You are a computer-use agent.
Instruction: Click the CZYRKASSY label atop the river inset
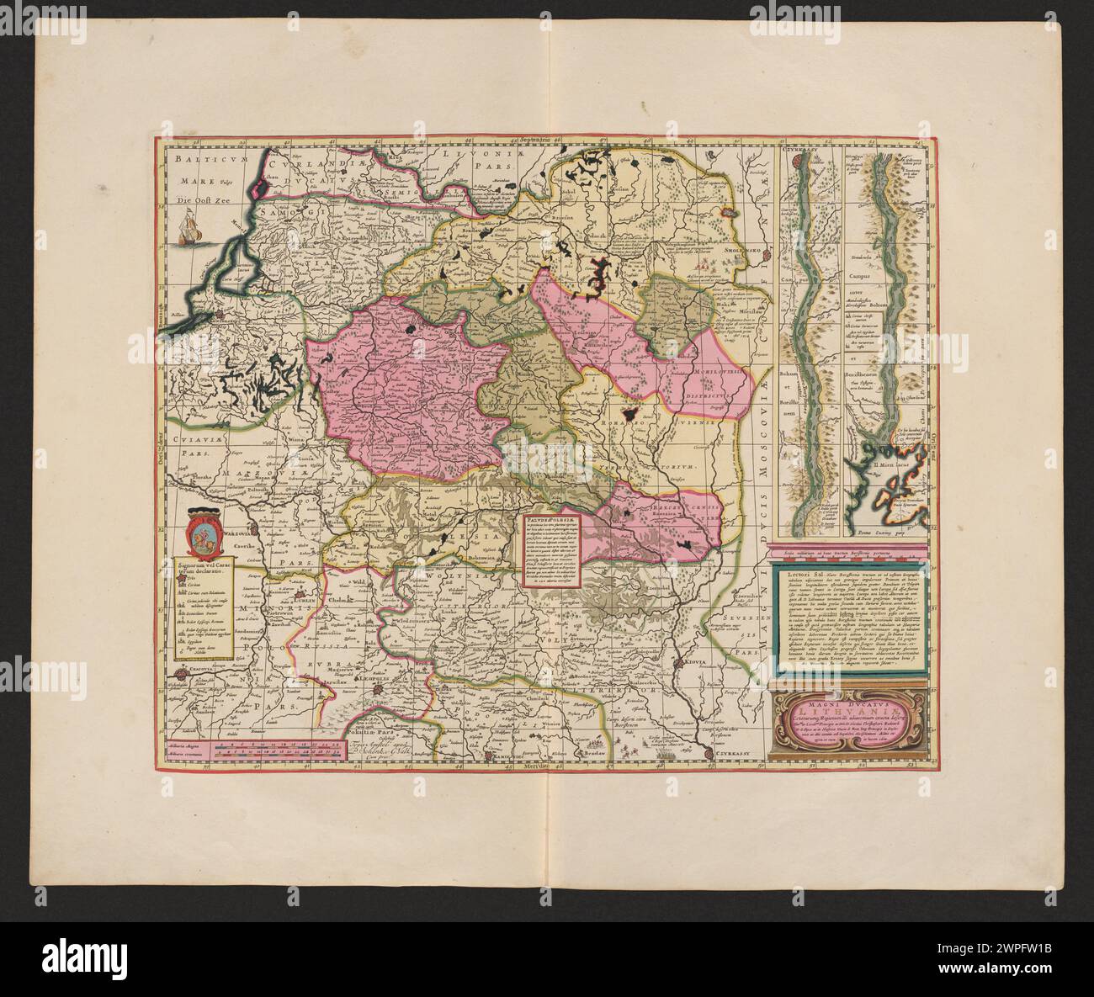802,156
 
